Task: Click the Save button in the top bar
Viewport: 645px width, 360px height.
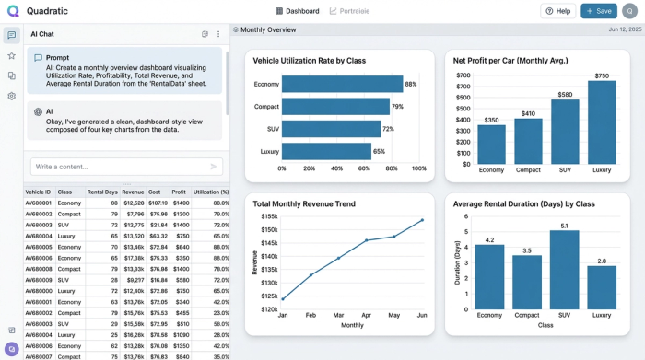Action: (x=599, y=11)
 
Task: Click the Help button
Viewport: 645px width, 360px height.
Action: (x=557, y=11)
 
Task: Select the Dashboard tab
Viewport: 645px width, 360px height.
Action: (x=297, y=11)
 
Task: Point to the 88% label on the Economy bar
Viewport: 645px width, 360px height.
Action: (x=411, y=84)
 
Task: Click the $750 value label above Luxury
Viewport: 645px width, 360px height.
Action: (x=602, y=75)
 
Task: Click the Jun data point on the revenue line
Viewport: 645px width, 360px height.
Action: (x=422, y=220)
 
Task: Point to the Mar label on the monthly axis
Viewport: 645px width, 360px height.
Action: (x=338, y=314)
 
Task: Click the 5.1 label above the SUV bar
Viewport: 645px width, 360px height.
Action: (x=564, y=225)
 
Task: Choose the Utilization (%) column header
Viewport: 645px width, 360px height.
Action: (x=210, y=192)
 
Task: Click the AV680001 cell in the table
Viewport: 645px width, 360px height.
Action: (x=38, y=203)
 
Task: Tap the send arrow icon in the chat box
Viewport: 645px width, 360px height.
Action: (x=214, y=167)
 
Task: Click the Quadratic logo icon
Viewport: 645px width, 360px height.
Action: (x=12, y=11)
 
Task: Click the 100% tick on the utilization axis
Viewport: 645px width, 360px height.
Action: (x=419, y=169)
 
